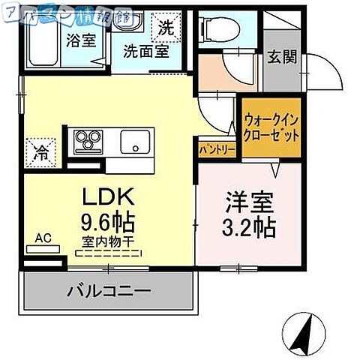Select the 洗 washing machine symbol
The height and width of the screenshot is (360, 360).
[166, 29]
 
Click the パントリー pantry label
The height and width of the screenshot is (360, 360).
[217, 149]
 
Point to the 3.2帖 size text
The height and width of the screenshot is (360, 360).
[250, 226]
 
